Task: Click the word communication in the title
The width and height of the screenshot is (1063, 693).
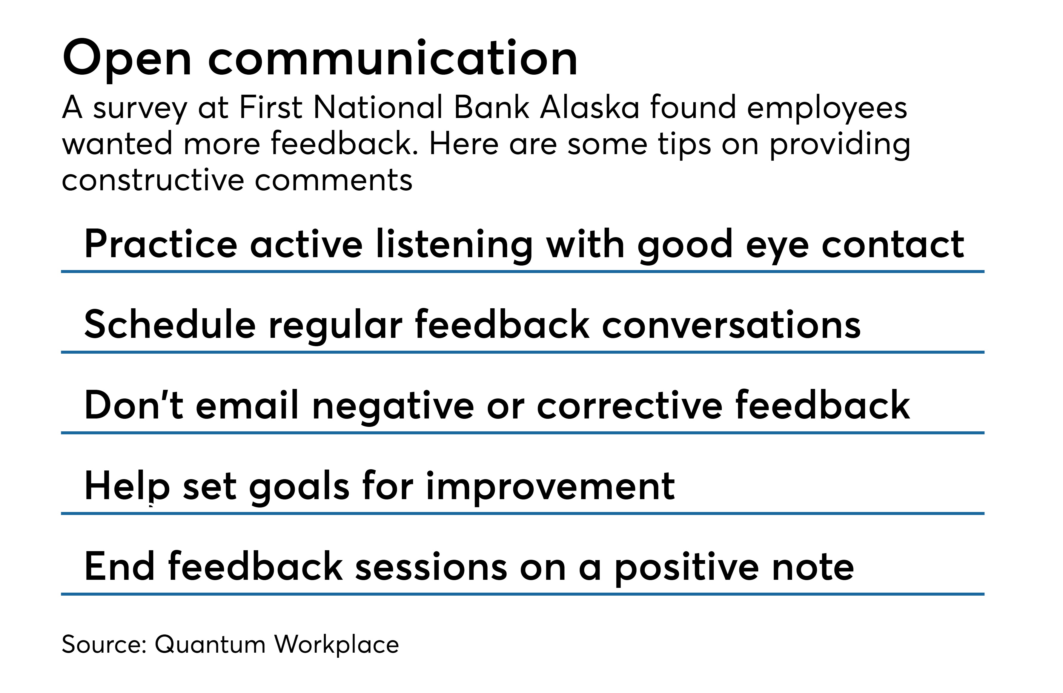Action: (393, 58)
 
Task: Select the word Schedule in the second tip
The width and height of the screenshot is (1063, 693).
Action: (170, 324)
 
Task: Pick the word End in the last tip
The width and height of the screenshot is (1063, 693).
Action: (120, 567)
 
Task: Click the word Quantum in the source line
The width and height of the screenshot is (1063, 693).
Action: (210, 645)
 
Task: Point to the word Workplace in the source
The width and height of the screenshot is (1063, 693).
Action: (336, 645)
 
